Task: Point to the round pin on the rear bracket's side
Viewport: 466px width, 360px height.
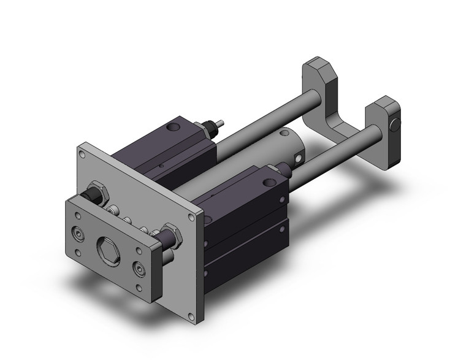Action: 396,127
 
